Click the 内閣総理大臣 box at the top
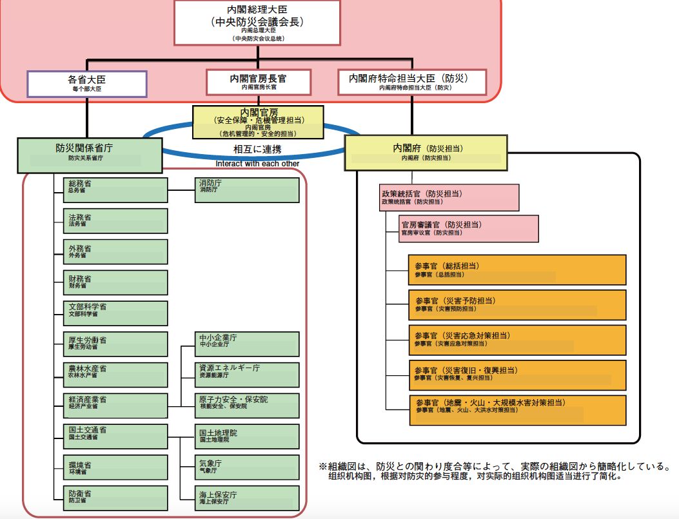(257, 23)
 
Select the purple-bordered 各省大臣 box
(86, 84)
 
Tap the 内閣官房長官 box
(258, 82)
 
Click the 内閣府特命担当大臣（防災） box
(412, 82)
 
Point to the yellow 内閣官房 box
(258, 122)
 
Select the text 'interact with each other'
(257, 164)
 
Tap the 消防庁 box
(247, 190)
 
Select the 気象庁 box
(247, 467)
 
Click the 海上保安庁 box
(247, 498)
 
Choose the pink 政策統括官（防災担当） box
(449, 197)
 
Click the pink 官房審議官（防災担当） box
(468, 228)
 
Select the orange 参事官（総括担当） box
(517, 269)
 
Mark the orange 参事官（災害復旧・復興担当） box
(517, 375)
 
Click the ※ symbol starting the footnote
(323, 466)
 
